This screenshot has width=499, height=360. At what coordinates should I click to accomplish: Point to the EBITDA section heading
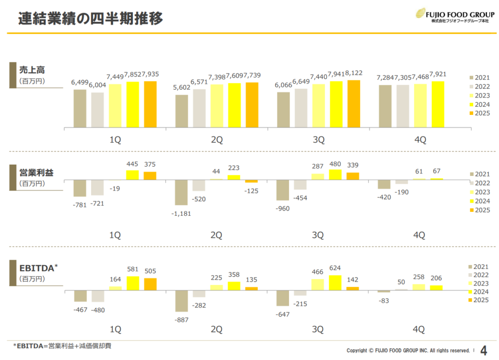point(38,267)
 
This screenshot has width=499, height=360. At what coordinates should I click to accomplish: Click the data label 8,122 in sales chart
point(353,73)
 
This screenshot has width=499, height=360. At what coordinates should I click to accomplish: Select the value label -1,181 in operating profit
point(181,213)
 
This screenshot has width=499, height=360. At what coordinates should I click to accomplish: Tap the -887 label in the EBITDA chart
point(181,320)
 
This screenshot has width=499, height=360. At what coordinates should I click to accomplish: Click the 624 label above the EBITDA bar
point(335,268)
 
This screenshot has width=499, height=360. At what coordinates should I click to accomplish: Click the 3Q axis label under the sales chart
point(318,140)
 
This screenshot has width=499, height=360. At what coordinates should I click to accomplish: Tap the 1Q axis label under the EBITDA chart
point(115,330)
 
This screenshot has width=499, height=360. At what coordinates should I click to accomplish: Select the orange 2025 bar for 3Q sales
point(353,104)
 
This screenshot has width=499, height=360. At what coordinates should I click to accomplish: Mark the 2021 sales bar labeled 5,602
point(181,111)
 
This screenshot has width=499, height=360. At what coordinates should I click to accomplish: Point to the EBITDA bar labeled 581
point(133,283)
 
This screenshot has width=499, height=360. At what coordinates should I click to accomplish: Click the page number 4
point(483,350)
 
